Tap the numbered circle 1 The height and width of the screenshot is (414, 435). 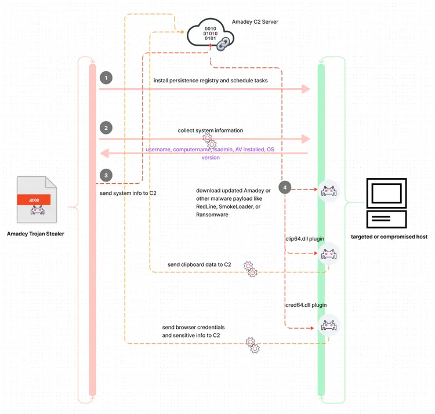(106, 78)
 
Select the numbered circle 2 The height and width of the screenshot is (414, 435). (106, 127)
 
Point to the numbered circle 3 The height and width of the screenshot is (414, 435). (106, 175)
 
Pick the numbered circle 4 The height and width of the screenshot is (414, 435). (284, 187)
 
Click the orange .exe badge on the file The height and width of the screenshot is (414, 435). (34, 199)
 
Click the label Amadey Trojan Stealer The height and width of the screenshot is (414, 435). (35, 234)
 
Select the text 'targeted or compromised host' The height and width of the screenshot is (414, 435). (389, 237)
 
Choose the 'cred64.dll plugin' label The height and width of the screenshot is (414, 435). (306, 304)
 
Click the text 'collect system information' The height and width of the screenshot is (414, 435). (210, 130)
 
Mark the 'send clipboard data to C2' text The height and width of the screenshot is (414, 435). (200, 264)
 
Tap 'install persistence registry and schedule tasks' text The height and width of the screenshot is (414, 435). (211, 81)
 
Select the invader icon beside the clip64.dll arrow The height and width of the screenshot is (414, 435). (329, 254)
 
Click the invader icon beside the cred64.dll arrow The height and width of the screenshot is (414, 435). (329, 327)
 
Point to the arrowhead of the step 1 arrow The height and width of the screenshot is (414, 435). (306, 89)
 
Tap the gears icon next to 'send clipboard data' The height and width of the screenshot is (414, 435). (251, 268)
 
